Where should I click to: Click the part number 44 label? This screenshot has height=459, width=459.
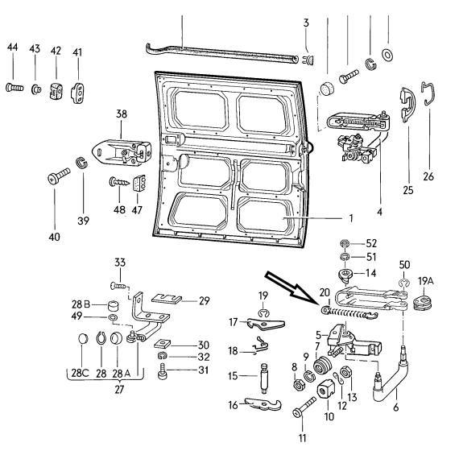pos(13,47)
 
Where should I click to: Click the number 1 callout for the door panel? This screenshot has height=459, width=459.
pos(350,218)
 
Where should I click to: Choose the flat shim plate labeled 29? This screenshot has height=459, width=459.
pos(167,300)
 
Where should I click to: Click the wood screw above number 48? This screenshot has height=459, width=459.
pos(119,182)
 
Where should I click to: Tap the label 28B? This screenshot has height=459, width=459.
pos(81,304)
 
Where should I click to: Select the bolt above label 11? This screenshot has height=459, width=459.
pos(304,407)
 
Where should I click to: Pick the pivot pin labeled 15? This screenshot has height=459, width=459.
pos(264,378)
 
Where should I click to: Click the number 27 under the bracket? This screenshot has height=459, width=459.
pos(119,390)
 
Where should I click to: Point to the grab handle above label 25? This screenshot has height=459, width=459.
pos(407,105)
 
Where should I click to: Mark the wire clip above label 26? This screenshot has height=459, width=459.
pos(428,93)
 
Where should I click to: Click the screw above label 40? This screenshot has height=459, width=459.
pos(59,176)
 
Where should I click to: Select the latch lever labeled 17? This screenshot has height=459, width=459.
pos(266,324)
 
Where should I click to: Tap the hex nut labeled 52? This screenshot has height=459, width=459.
pos(345,243)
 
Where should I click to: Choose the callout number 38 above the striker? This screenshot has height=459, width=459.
pos(122,114)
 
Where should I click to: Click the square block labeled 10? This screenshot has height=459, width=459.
pos(326,391)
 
